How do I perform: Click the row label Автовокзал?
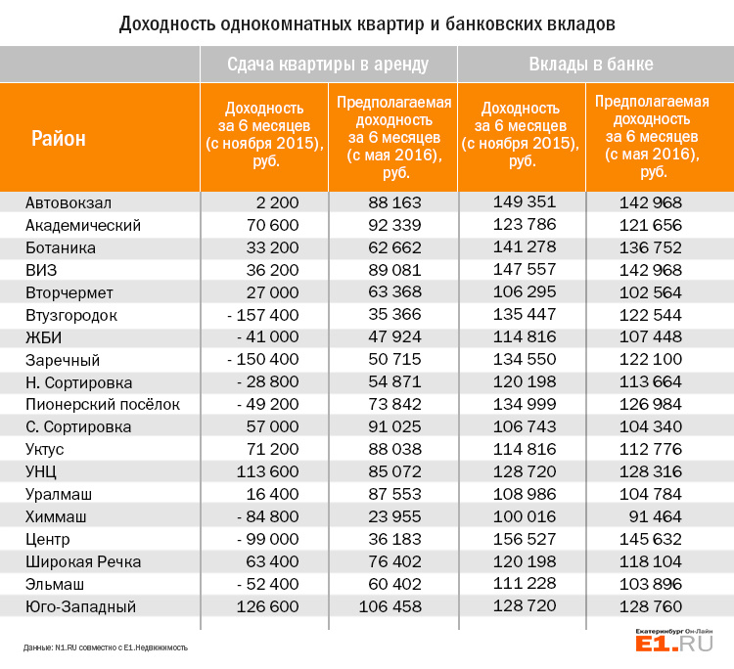[x=69, y=203]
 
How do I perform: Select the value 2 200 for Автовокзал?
[x=277, y=202]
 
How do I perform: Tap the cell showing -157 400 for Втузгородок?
[x=263, y=315]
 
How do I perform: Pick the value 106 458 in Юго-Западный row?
[x=390, y=606]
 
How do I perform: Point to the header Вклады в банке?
[x=591, y=65]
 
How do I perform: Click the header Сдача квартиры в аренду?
[x=328, y=65]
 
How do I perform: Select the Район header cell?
[x=59, y=139]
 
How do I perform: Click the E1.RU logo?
[x=674, y=641]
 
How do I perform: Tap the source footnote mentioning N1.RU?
[x=106, y=647]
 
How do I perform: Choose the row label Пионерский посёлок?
[x=103, y=404]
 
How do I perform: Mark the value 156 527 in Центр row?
[x=525, y=539]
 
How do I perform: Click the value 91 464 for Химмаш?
[x=656, y=516]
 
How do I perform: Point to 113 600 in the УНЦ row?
[x=267, y=471]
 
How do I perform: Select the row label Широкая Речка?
[x=83, y=561]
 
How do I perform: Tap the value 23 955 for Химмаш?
[x=394, y=516]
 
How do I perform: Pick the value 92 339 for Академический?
[x=394, y=225]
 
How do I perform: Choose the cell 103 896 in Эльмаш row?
[x=651, y=584]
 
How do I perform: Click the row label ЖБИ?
[x=43, y=337]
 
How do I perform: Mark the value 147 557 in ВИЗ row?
[x=525, y=270]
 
